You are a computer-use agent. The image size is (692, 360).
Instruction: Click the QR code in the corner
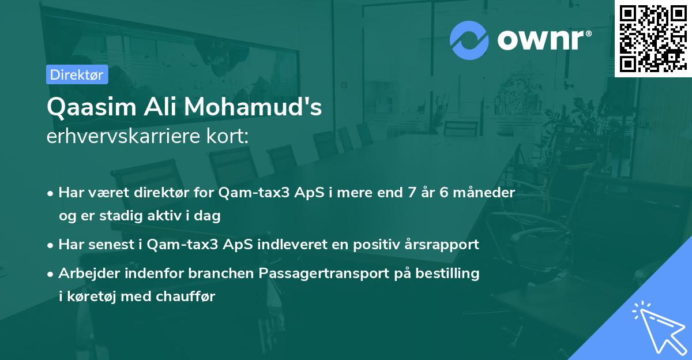[653, 38]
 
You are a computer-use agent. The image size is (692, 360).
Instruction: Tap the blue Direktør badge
[76, 74]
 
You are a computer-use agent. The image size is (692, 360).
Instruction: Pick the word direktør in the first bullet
[161, 193]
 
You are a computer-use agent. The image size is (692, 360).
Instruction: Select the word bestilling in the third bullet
[450, 273]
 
